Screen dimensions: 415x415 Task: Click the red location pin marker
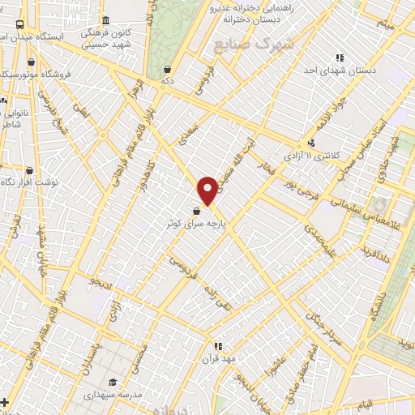[x=208, y=190]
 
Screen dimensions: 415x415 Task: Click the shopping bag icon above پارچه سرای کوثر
[x=197, y=211]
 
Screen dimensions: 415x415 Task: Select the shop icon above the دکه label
[x=167, y=70]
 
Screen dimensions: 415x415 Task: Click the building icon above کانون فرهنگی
[x=105, y=21]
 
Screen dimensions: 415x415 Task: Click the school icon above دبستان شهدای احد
[x=340, y=58]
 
